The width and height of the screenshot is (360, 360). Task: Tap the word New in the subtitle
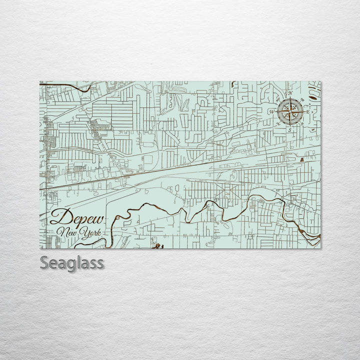pyautogui.click(x=67, y=232)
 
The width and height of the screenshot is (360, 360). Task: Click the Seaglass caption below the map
pyautogui.click(x=72, y=262)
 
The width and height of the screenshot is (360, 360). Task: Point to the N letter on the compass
pyautogui.click(x=289, y=93)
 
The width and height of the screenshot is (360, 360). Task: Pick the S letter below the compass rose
pyautogui.click(x=289, y=130)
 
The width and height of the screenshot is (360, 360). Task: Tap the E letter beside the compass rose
pyautogui.click(x=307, y=112)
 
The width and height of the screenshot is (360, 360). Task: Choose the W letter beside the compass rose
pyautogui.click(x=272, y=111)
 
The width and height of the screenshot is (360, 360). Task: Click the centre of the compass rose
pyautogui.click(x=289, y=111)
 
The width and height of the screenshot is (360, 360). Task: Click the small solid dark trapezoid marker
pyautogui.click(x=302, y=159)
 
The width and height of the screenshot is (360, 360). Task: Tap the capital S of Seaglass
pyautogui.click(x=44, y=262)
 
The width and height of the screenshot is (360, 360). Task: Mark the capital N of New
pyautogui.click(x=62, y=231)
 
